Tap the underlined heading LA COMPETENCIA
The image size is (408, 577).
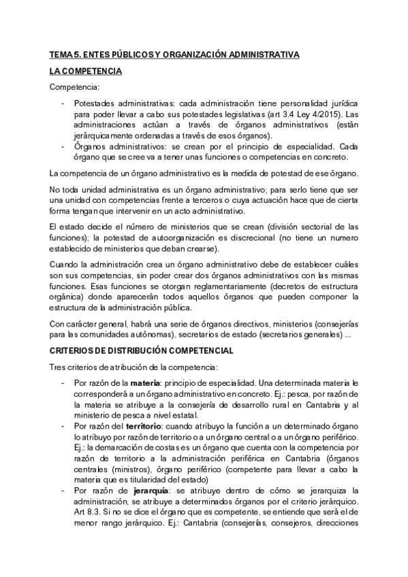[x=86, y=70]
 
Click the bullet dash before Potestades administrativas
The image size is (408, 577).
[x=63, y=104]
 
